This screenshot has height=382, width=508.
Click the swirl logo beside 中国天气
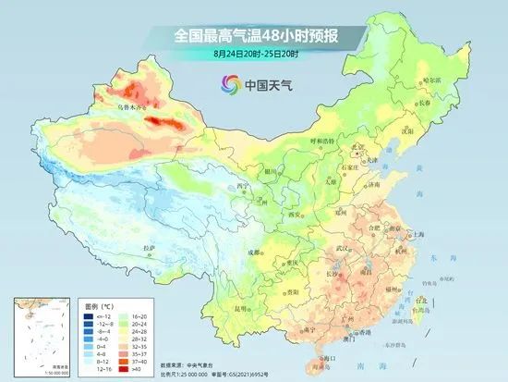227,85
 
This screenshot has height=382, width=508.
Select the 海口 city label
325,357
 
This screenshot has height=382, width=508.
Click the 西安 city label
296,215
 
